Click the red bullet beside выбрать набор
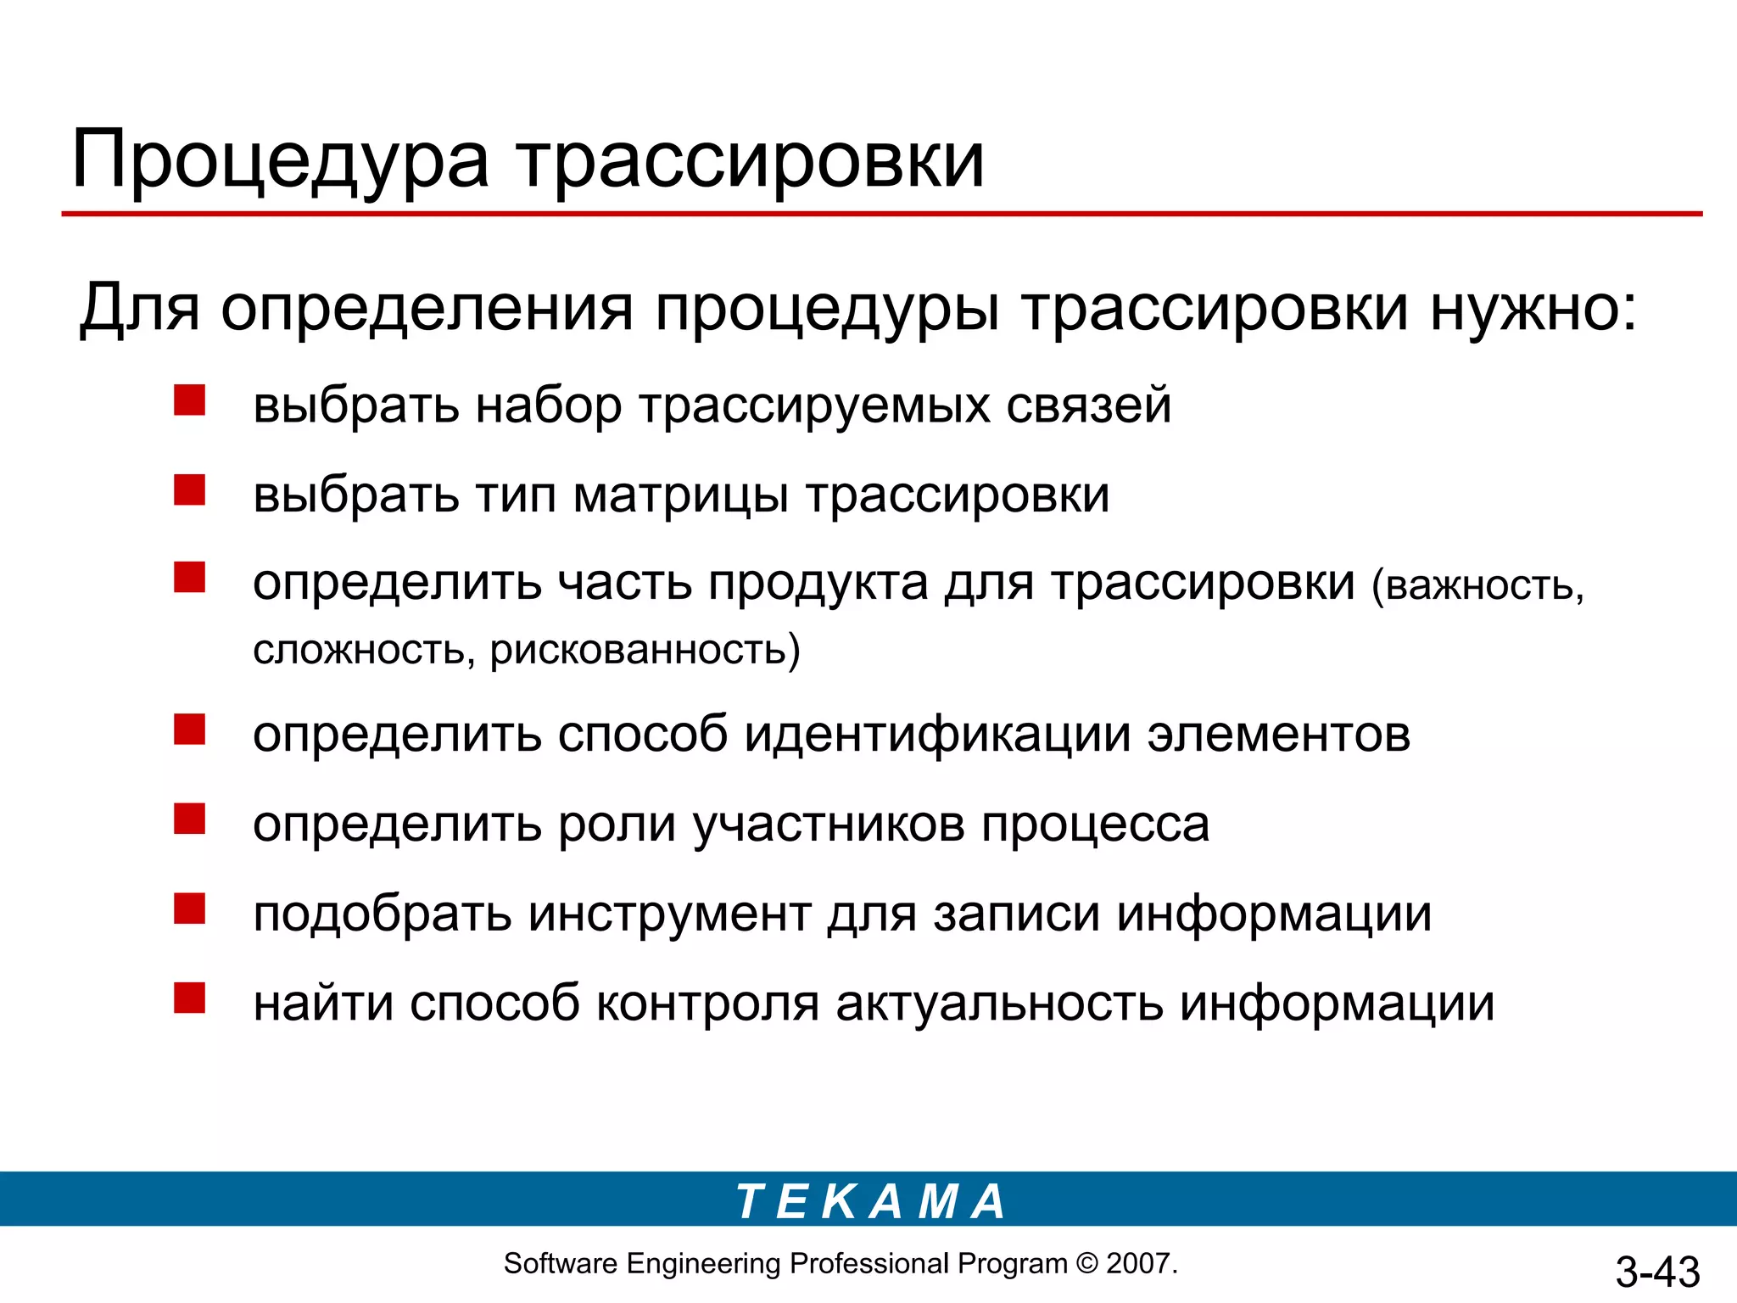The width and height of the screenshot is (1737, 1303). click(189, 400)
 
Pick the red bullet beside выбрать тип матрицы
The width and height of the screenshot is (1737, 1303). click(189, 490)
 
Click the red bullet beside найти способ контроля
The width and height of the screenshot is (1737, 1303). click(189, 998)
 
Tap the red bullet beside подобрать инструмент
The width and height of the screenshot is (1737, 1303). click(189, 909)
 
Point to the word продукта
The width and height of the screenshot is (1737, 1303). click(818, 584)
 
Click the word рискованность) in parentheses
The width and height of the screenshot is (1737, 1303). click(645, 651)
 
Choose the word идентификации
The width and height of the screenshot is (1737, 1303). click(937, 735)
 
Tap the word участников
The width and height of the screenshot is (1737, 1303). click(829, 825)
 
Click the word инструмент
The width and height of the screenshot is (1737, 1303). click(669, 915)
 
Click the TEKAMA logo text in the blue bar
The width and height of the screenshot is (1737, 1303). click(870, 1201)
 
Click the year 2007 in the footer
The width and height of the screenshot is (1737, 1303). click(1139, 1264)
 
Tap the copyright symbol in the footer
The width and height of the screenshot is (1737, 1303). click(1086, 1264)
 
